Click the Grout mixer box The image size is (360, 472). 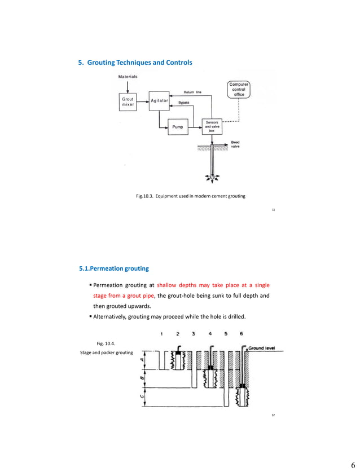(128, 102)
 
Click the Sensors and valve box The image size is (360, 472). (213, 126)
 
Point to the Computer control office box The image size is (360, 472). (239, 90)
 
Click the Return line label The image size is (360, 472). (193, 92)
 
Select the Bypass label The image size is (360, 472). (184, 103)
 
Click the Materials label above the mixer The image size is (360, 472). (128, 76)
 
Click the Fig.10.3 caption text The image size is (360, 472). (191, 196)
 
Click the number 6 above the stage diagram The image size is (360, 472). (242, 334)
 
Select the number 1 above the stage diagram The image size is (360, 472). (162, 334)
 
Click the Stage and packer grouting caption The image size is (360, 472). (106, 352)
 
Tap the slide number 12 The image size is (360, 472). (273, 415)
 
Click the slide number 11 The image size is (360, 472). (273, 209)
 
